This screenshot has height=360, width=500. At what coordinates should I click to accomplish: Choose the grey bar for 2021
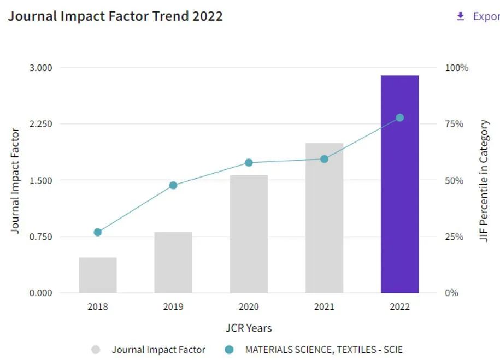[x=324, y=218]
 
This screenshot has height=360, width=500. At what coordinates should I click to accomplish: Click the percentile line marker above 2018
[x=98, y=232]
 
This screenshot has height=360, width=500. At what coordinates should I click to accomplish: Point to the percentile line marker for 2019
[x=173, y=185]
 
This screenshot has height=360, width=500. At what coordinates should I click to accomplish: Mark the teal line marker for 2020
[x=249, y=162]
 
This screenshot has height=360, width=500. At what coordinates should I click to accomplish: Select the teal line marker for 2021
[x=324, y=159]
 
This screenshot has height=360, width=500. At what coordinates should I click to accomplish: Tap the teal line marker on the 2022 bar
[x=399, y=117]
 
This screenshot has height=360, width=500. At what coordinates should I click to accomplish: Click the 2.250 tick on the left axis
[x=40, y=124]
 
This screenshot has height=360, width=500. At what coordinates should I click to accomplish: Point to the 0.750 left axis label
[x=40, y=237]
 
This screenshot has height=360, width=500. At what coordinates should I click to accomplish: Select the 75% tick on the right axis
[x=455, y=124]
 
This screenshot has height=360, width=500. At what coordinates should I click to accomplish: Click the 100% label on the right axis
[x=457, y=68]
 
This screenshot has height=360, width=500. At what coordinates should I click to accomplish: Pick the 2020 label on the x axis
[x=249, y=307]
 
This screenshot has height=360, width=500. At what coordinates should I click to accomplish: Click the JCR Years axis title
[x=249, y=328]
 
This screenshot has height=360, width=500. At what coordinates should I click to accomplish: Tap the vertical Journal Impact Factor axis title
[x=15, y=181]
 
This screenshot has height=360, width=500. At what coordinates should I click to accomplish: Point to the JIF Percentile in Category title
[x=484, y=181]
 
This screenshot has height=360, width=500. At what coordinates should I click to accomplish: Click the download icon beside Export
[x=460, y=16]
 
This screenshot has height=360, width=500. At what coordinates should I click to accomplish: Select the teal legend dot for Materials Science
[x=229, y=350]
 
